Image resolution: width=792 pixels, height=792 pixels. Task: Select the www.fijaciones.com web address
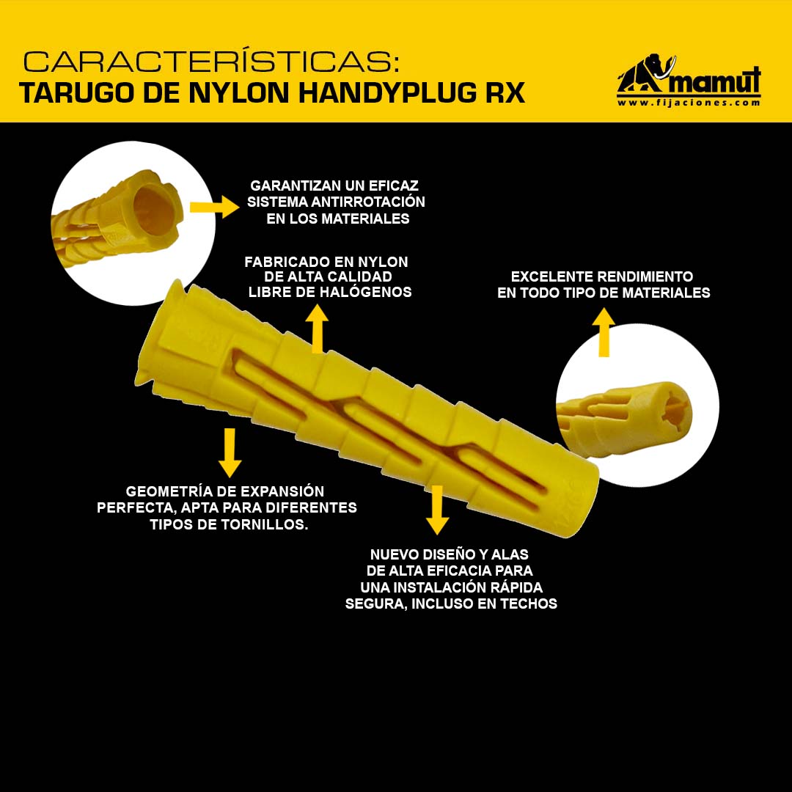coord(689,103)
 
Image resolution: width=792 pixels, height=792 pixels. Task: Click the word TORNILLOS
coord(264,524)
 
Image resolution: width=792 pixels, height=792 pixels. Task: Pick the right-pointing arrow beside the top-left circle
coord(215,207)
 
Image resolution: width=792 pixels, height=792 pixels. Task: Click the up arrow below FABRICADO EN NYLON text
coord(317,329)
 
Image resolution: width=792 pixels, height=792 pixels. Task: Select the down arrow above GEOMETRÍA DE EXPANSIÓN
coord(230,452)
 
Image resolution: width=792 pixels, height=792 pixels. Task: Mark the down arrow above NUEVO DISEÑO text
coord(437,510)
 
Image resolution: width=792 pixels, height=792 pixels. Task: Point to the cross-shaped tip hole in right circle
coord(675,408)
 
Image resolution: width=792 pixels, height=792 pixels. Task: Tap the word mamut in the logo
coord(716,81)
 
